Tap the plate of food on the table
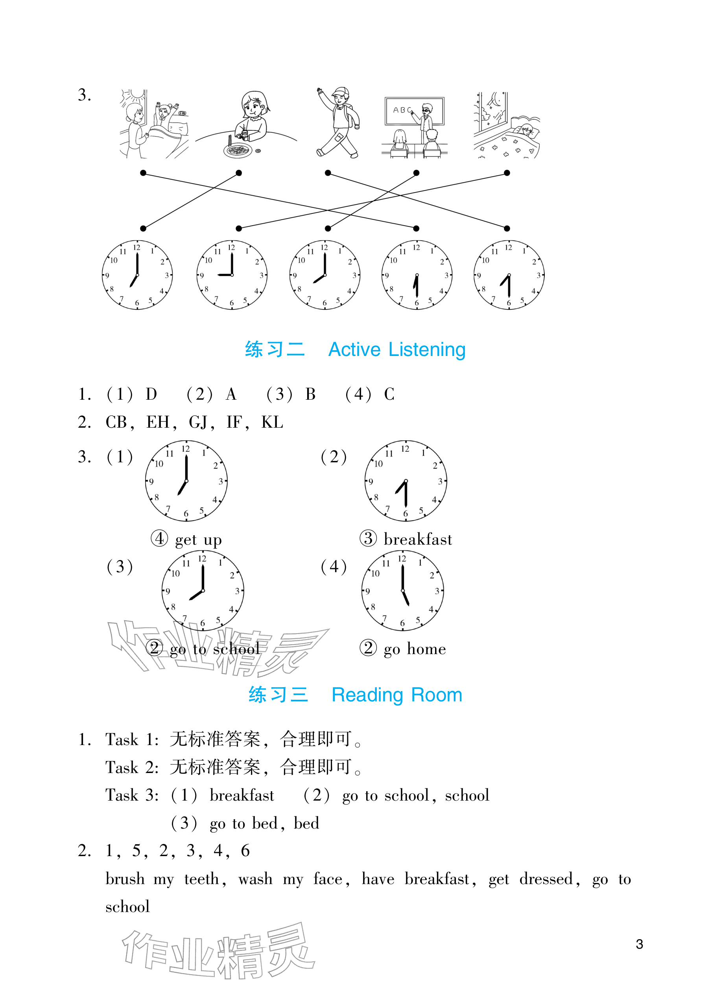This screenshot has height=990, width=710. click(238, 150)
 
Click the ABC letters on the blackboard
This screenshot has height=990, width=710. click(402, 110)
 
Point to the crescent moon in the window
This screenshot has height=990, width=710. click(496, 101)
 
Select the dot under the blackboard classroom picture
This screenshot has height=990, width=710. click(417, 173)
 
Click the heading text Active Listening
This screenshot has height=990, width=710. click(396, 350)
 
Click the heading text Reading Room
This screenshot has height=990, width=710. click(396, 695)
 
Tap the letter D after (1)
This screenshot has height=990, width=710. click(151, 395)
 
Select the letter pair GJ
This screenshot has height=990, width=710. click(198, 423)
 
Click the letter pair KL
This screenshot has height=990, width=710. click(272, 423)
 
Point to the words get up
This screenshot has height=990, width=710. click(198, 540)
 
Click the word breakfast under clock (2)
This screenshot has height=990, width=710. click(417, 539)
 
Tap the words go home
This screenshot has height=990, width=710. click(414, 649)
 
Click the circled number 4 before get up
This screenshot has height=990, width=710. click(159, 539)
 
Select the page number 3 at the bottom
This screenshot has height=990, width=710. click(639, 944)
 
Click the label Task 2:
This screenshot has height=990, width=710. click(132, 768)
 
